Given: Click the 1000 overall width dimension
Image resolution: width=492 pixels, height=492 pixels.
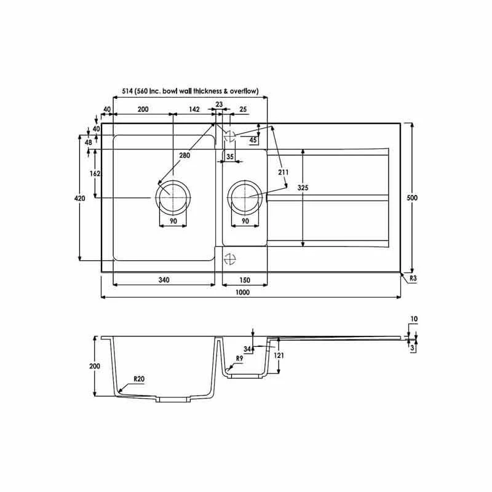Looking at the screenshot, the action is point(242,293).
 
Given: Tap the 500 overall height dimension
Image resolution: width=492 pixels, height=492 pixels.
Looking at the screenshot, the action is point(412,197).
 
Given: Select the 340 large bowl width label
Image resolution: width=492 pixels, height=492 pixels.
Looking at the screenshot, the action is point(164,280).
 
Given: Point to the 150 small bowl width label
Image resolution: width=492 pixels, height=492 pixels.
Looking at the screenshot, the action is point(245,280).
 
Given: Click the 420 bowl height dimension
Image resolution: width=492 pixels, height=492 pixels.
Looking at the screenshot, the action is point(79,198).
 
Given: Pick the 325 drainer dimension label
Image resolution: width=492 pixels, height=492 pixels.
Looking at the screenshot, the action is point(303,188).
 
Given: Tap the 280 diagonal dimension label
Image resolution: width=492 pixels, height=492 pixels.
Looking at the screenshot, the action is point(184,156).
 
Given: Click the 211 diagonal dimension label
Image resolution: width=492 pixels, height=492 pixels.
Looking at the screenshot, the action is point(283,172).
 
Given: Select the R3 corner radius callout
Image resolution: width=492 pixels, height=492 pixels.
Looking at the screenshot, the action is point(413,278).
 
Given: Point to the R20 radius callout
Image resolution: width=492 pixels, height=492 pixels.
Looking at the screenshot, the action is point(139,379).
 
